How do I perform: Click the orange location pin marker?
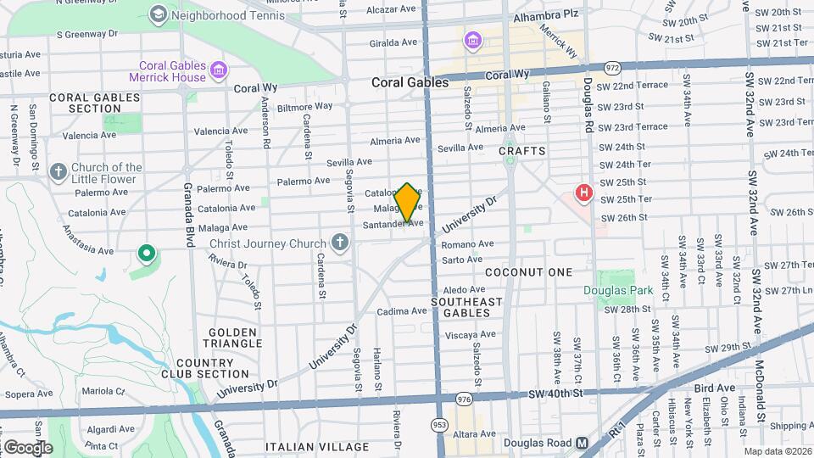tap(408, 202)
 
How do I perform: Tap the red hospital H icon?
tap(583, 193)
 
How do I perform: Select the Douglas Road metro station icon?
tap(583, 443)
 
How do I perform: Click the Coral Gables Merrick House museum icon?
tap(220, 69)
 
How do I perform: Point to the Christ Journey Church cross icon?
tap(340, 243)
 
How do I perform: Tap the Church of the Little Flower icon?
tap(59, 173)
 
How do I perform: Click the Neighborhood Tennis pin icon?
tap(158, 14)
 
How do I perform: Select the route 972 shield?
tap(611, 68)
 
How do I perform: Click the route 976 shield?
tap(463, 399)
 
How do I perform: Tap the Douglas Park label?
tap(617, 290)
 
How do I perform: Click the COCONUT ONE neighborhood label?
tap(528, 272)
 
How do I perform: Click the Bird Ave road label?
tap(714, 388)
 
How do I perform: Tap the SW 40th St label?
tap(555, 394)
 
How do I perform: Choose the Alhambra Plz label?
tap(545, 14)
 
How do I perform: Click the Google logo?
tap(27, 446)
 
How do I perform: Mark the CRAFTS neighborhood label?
tap(521, 151)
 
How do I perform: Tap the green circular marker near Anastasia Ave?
tap(146, 252)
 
